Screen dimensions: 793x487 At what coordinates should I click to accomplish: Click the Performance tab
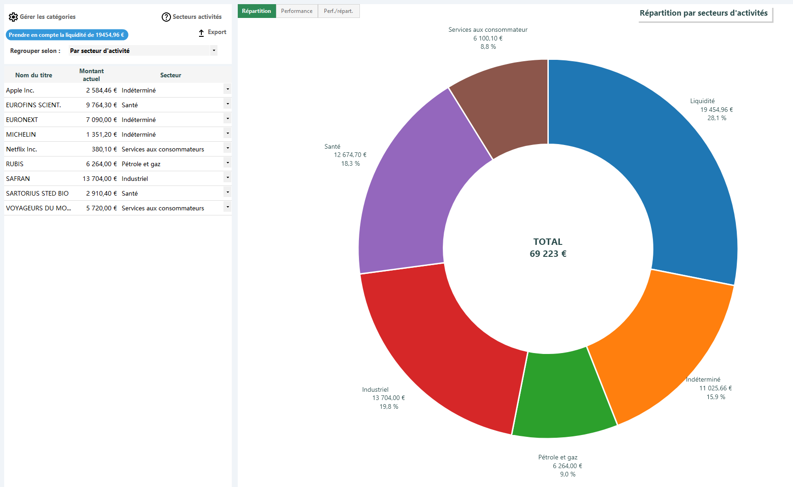pos(297,11)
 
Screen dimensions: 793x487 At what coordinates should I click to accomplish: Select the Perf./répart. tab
pos(339,11)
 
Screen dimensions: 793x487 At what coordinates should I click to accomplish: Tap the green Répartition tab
pos(257,11)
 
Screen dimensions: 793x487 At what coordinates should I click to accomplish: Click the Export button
pos(212,32)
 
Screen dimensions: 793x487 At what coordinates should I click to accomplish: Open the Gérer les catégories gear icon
pos(13,17)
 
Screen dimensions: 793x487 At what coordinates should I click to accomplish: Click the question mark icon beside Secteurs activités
pos(166,17)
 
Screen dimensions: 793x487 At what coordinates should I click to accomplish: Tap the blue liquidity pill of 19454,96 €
pos(67,35)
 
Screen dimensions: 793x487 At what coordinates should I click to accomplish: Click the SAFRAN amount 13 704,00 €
pos(100,179)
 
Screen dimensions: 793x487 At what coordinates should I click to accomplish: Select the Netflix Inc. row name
pos(22,149)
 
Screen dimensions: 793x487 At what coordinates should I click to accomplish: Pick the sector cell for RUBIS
pos(141,164)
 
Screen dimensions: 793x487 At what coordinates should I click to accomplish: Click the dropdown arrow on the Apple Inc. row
pos(228,89)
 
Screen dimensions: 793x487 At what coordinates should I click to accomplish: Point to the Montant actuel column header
pos(91,75)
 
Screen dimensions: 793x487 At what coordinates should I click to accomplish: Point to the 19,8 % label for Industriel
pos(389,406)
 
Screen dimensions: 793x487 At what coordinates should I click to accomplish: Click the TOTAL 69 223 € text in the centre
pos(548,248)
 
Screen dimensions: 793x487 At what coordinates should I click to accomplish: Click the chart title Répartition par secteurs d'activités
pos(704,13)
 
